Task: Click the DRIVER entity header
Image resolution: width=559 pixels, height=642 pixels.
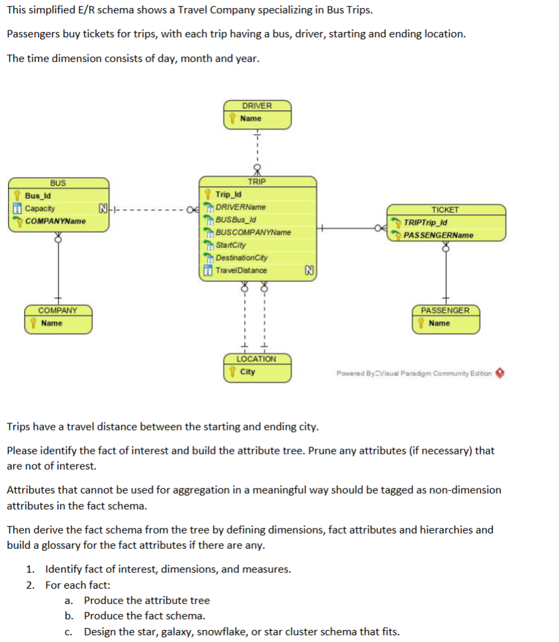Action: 257,106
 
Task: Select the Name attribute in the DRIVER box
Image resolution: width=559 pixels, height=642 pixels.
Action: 250,118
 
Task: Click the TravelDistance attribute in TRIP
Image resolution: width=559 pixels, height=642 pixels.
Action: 241,271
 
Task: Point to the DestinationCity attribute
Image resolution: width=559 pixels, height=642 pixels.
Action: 242,258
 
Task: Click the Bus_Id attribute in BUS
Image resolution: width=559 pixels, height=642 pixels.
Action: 38,196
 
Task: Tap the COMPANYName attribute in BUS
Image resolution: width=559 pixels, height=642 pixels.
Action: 55,221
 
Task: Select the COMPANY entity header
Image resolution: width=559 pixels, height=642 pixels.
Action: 58,311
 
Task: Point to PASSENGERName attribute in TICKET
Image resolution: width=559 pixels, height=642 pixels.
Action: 439,236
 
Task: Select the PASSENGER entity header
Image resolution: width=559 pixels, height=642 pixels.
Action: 445,311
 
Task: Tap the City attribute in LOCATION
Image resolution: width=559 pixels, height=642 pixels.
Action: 247,372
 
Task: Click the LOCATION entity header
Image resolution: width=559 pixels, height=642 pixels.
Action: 257,359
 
